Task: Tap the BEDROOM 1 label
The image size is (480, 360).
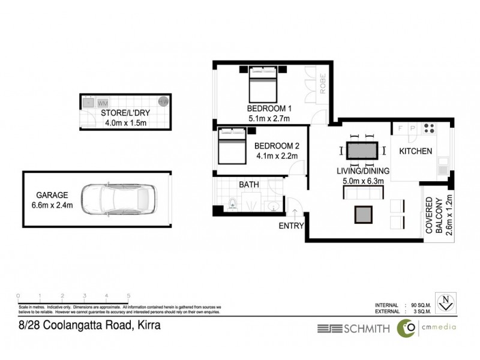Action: pyautogui.click(x=269, y=109)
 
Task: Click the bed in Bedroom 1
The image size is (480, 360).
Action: pyautogui.click(x=262, y=84)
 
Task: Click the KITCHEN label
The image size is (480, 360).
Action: pyautogui.click(x=416, y=151)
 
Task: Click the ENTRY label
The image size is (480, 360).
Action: pyautogui.click(x=291, y=226)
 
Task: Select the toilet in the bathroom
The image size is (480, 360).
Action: pyautogui.click(x=233, y=204)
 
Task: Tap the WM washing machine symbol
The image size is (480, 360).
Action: pyautogui.click(x=103, y=103)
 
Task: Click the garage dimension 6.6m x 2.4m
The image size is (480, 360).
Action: pyautogui.click(x=52, y=205)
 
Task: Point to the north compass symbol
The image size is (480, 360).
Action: pyautogui.click(x=445, y=300)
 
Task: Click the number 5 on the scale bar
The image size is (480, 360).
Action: pyautogui.click(x=129, y=296)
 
